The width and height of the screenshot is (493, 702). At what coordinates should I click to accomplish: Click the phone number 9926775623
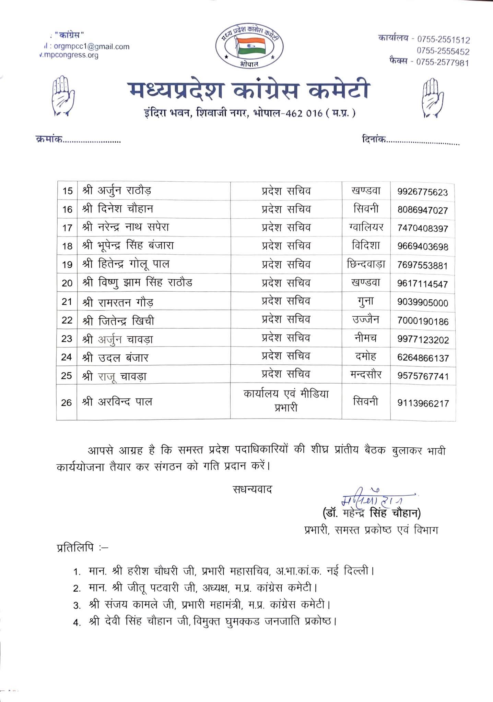click(x=423, y=192)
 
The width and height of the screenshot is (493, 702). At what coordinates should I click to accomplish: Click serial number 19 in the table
click(x=67, y=265)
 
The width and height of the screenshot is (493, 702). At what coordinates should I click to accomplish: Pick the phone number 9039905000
click(x=423, y=303)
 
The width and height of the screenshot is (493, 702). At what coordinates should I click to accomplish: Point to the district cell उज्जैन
click(x=366, y=319)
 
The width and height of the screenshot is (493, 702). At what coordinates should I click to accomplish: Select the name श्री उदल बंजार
click(x=115, y=358)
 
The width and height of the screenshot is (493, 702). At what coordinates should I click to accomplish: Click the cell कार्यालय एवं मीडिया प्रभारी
click(x=286, y=401)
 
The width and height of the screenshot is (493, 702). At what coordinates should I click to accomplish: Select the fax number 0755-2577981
click(x=442, y=62)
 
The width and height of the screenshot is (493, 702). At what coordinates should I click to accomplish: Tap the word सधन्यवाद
click(x=252, y=489)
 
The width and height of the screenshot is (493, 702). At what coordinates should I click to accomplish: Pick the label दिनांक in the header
click(x=374, y=140)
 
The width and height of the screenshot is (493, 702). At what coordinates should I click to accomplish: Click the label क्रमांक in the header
click(x=49, y=140)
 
